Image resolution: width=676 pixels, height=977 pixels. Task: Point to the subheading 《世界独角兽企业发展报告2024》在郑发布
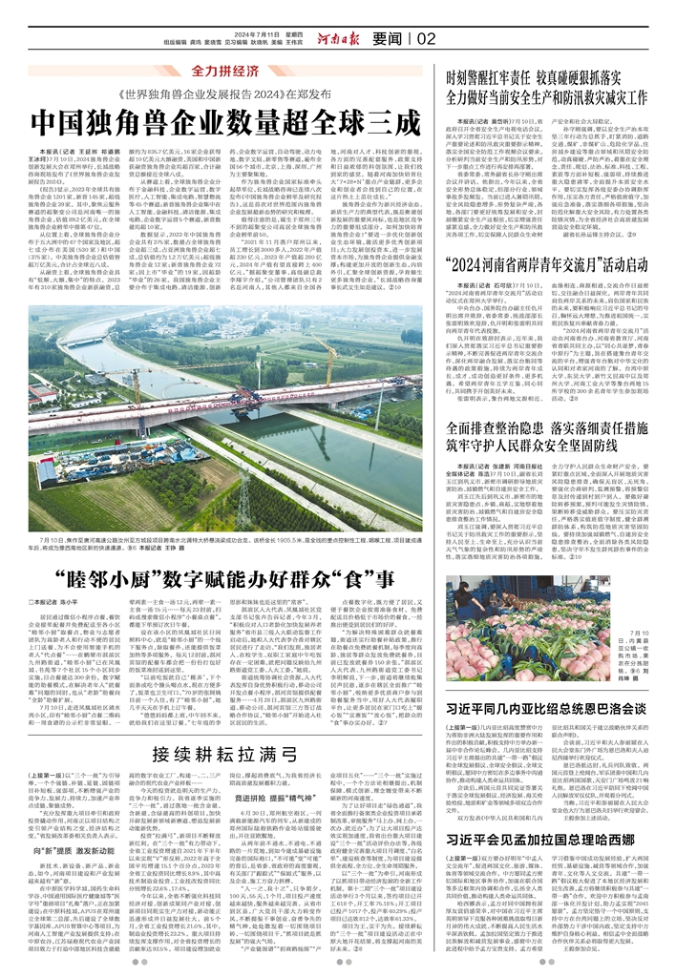[x=224, y=95]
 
